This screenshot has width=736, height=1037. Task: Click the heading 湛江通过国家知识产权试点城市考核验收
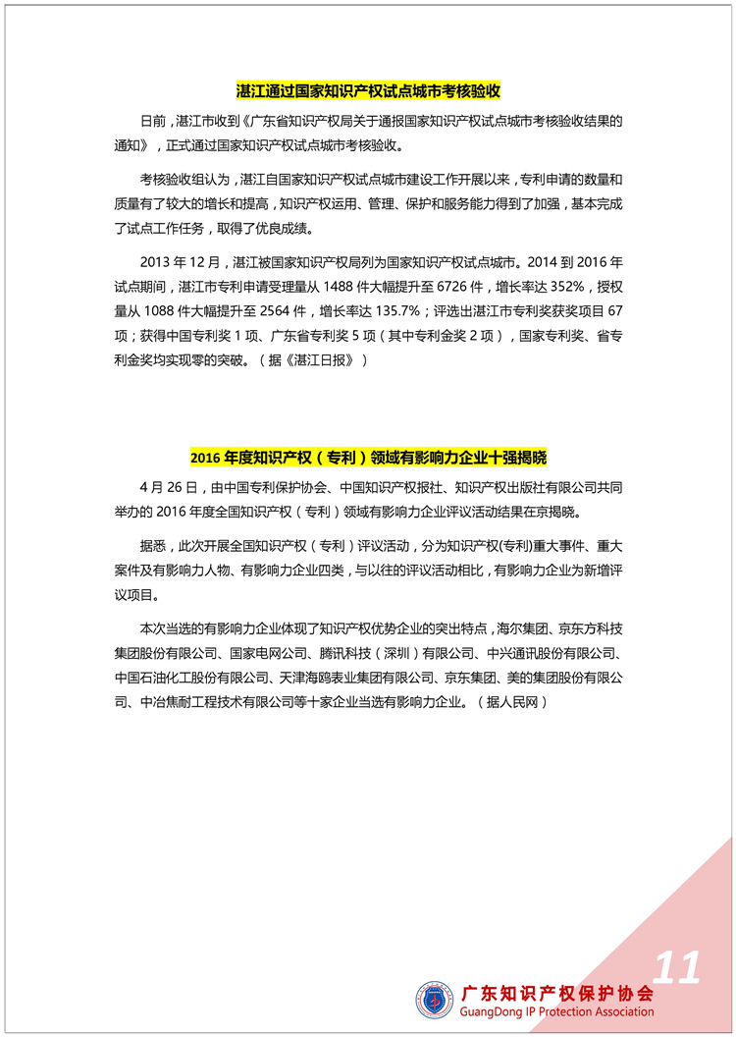[368, 91]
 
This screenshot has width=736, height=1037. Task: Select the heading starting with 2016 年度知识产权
[368, 458]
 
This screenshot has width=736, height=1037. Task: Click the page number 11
[677, 967]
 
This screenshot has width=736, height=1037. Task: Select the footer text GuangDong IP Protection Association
[556, 1011]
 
